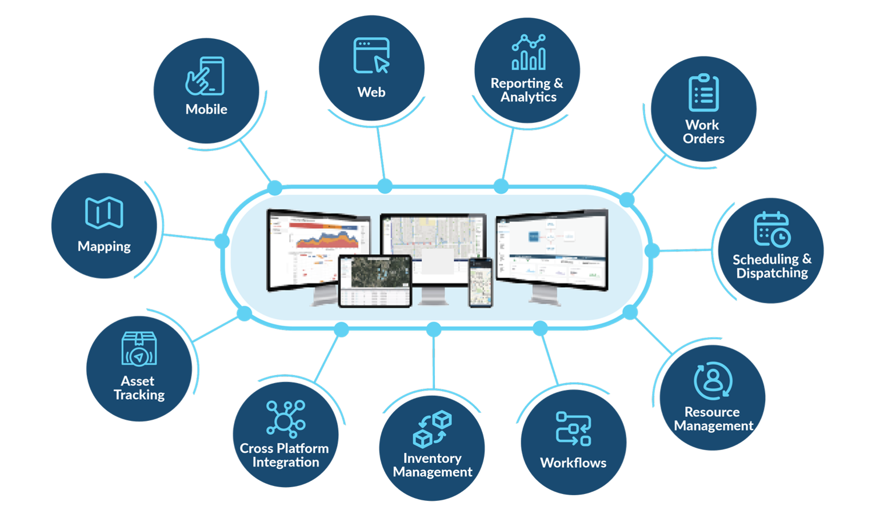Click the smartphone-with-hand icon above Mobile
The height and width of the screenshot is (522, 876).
click(205, 76)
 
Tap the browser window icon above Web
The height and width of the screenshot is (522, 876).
click(371, 55)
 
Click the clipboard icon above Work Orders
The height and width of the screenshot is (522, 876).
click(703, 93)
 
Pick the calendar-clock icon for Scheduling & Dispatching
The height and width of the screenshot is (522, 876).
click(771, 229)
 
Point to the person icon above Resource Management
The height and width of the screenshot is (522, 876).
click(713, 380)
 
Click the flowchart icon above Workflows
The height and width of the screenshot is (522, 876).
click(573, 428)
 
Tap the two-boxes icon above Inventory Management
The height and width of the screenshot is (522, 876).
click(433, 429)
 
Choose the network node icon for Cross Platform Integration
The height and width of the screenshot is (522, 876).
click(285, 419)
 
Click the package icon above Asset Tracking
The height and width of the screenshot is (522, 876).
click(139, 349)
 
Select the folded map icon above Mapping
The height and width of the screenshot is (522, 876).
click(104, 213)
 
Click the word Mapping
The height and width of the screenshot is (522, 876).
click(104, 247)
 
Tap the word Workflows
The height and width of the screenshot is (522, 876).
click(573, 463)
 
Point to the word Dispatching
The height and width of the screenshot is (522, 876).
click(772, 273)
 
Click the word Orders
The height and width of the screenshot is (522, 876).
click(703, 139)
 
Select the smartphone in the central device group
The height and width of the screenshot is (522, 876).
click(480, 282)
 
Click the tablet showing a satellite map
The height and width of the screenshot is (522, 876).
click(375, 280)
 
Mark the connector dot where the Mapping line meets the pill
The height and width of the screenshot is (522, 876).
click(222, 241)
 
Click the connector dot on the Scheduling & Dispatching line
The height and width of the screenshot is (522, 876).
click(652, 250)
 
